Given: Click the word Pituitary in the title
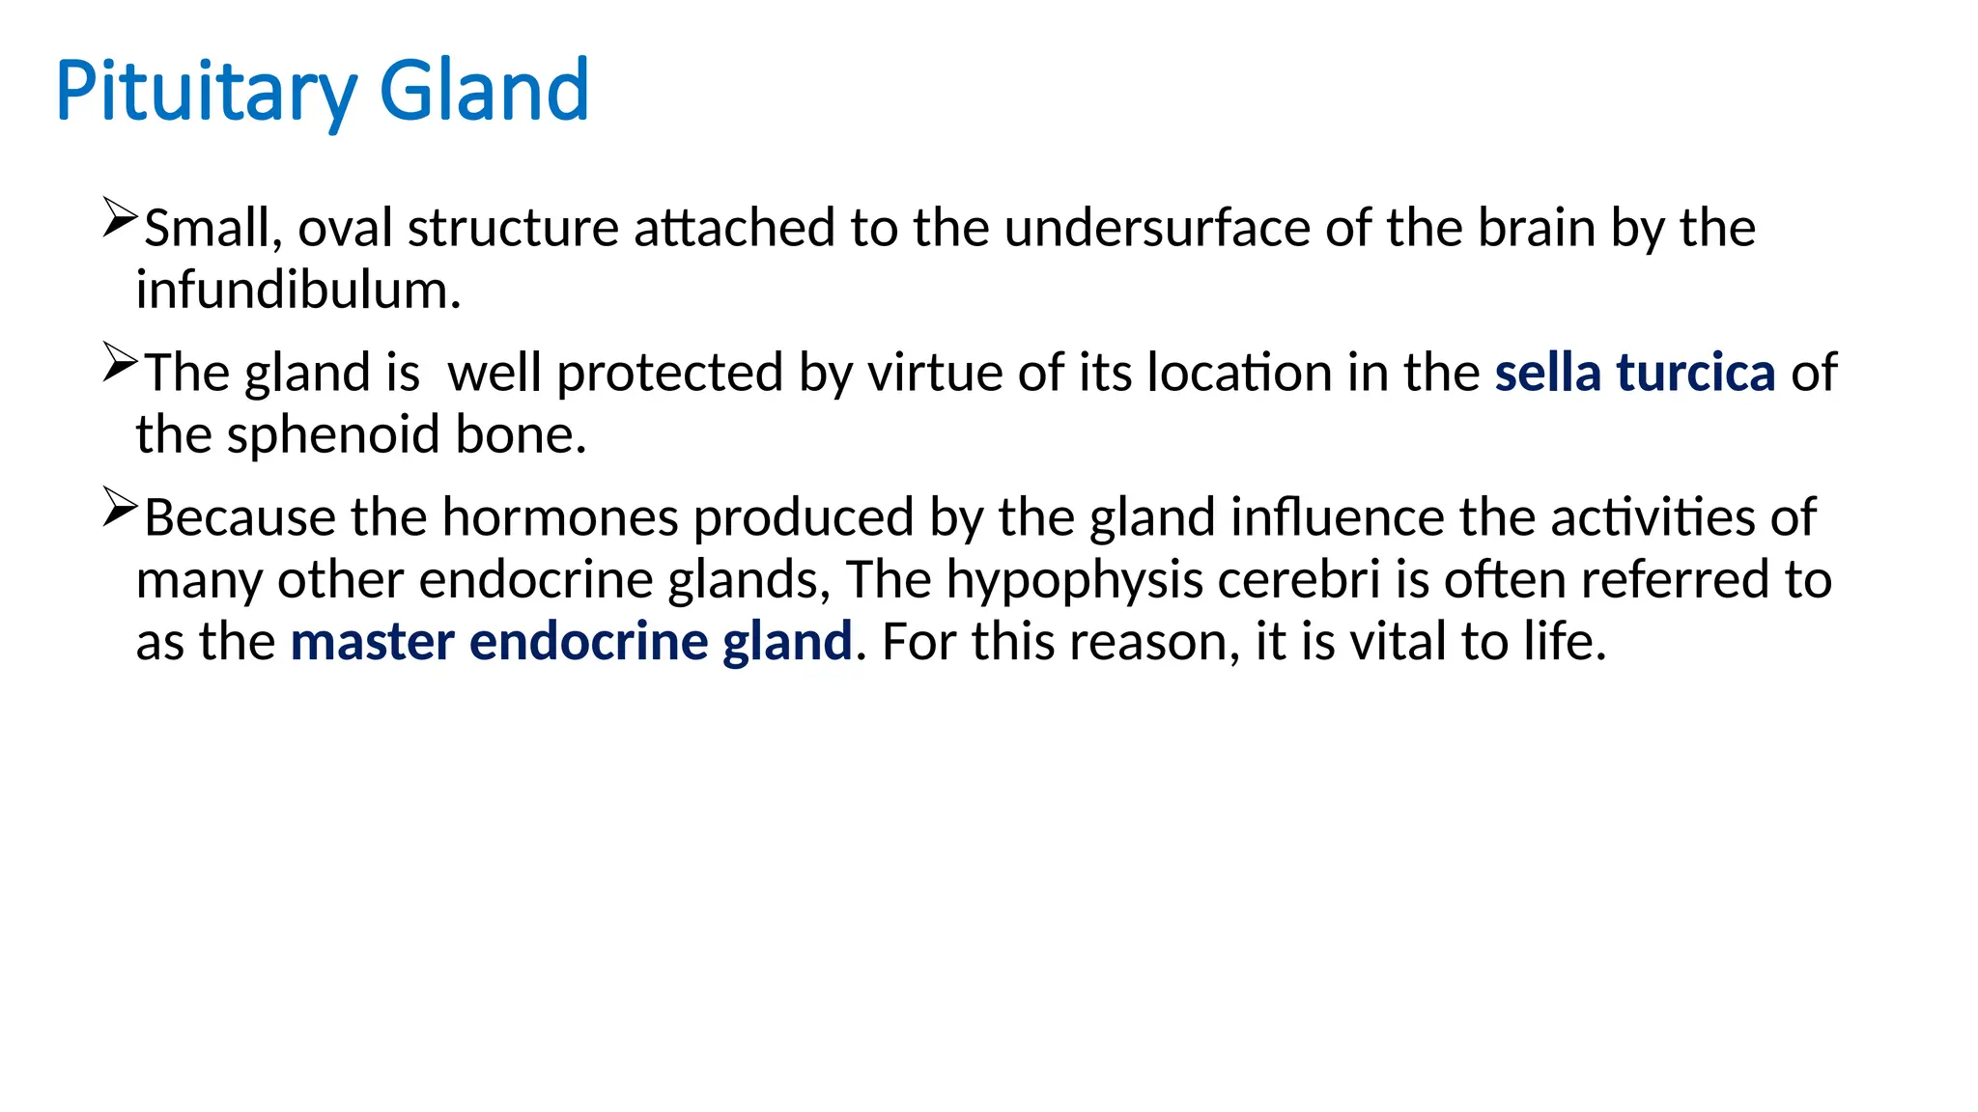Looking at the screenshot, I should click(206, 92).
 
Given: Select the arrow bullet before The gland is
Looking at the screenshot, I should click(120, 363).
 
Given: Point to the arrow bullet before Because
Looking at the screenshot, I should click(120, 508).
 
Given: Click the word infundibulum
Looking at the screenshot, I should click(298, 291).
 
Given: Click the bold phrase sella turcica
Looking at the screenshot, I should click(1634, 374).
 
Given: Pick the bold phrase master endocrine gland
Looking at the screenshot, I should click(571, 642).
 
